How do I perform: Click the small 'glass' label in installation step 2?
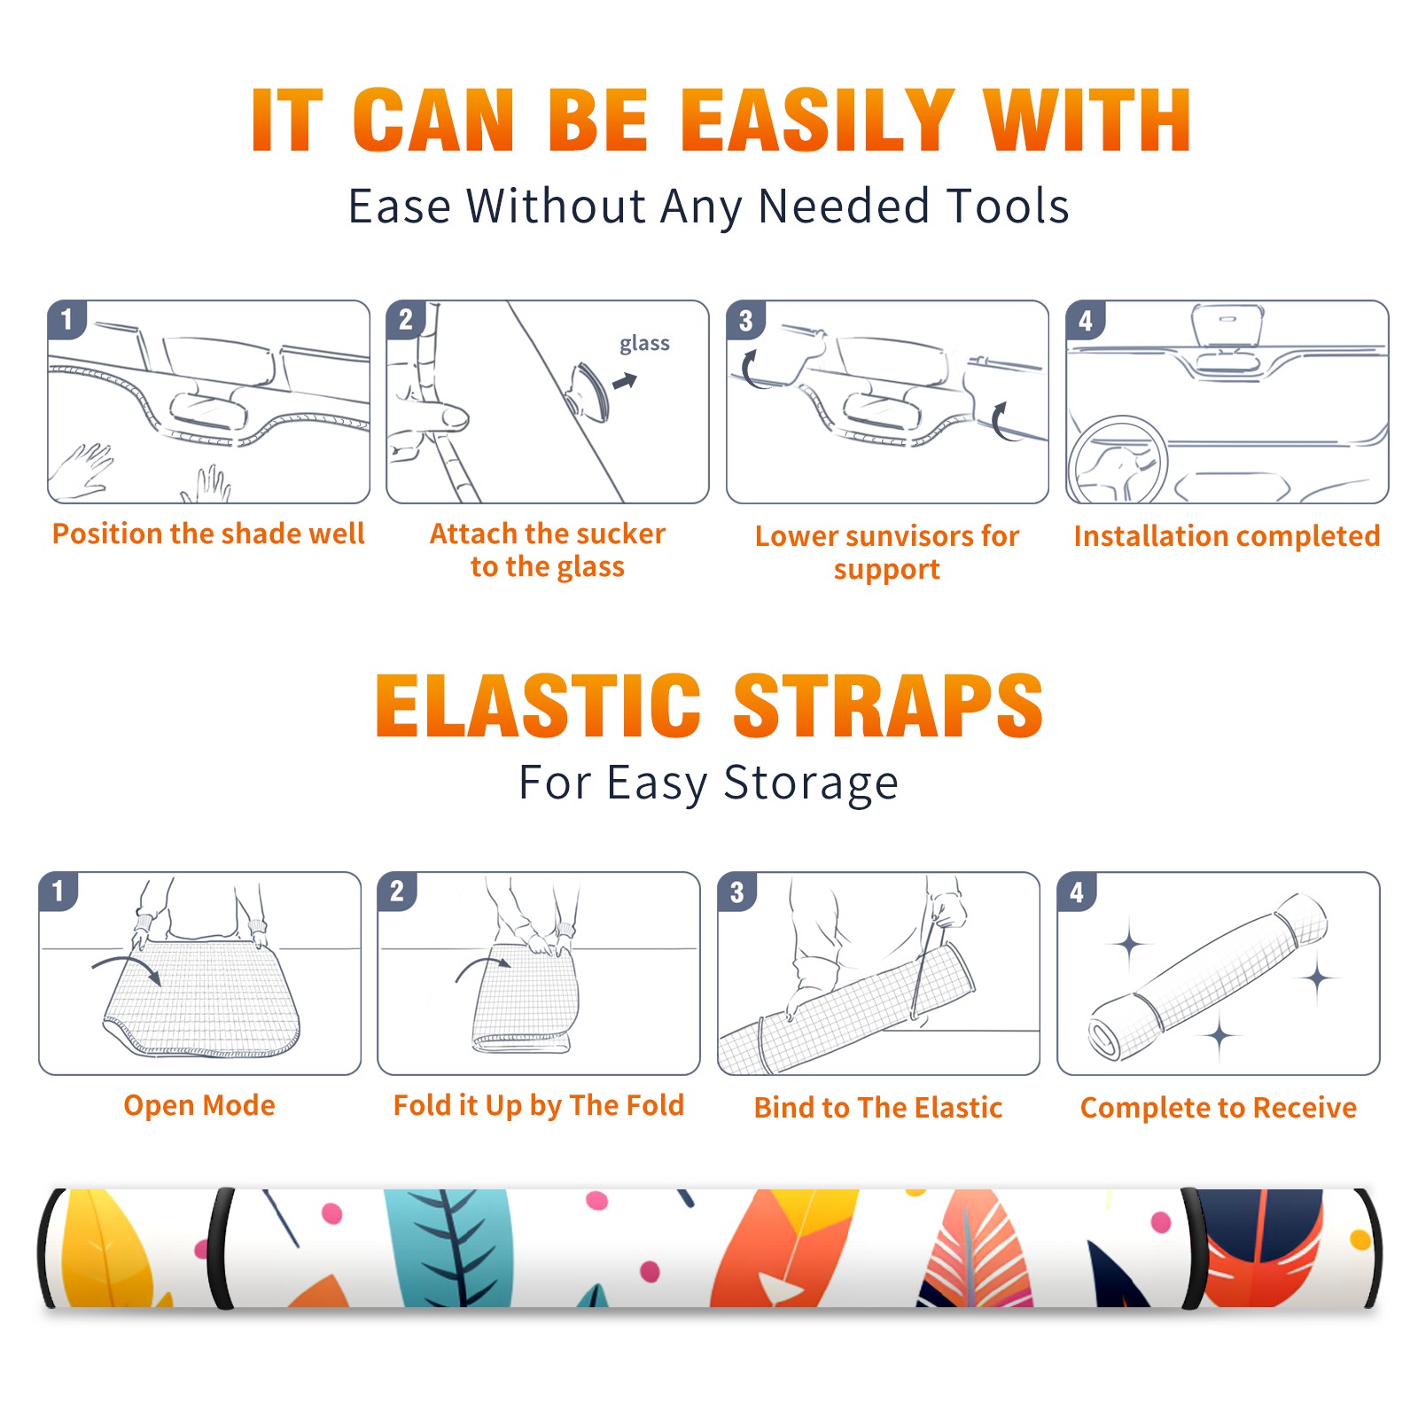coord(644,343)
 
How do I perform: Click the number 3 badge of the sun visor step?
coord(745,320)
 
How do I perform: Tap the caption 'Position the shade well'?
coord(208,534)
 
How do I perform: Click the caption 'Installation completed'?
coord(1227,536)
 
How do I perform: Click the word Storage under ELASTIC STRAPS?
coord(811,783)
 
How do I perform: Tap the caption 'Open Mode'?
coord(199,1105)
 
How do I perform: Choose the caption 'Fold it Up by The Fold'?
coord(539,1105)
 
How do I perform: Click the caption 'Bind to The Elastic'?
coord(878,1108)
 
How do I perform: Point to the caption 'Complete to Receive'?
coord(1219,1108)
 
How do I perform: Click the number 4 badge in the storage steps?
coord(1076,892)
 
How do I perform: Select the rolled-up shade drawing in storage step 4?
coord(1209,977)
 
